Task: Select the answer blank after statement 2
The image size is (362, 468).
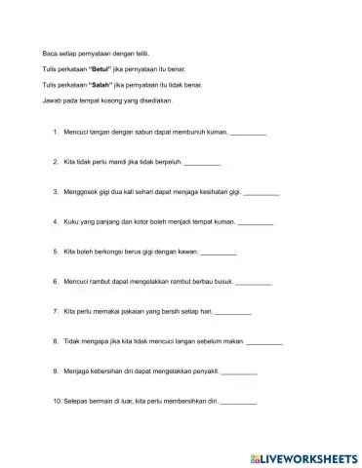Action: click(202, 162)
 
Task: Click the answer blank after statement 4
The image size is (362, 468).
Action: click(256, 222)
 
